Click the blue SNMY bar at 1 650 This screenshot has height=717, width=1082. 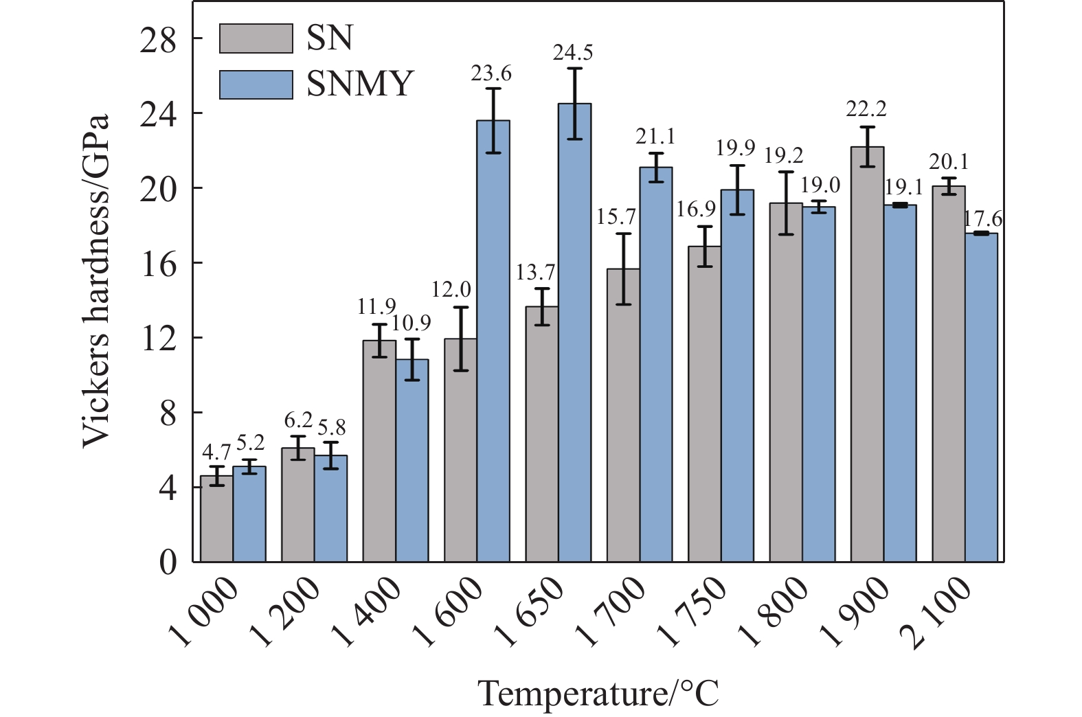coord(574,332)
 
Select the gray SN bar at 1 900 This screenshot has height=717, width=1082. coord(867,354)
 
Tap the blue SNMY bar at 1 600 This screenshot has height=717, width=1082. coord(493,341)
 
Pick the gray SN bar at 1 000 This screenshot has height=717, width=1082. coord(216,519)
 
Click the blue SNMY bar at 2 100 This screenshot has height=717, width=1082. coord(981,397)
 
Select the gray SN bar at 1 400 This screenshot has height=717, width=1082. coord(379,451)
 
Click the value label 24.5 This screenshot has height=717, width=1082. coord(573,52)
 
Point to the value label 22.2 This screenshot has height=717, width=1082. coord(867,109)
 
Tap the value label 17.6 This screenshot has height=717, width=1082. coord(982,219)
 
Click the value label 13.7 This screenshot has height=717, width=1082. coord(535,272)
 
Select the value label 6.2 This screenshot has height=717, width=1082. coord(298,420)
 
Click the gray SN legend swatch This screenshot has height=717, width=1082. coord(256,38)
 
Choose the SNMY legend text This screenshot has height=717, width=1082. coord(360,84)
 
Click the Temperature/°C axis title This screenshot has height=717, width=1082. coord(598,694)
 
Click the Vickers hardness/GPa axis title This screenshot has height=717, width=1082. coord(96,282)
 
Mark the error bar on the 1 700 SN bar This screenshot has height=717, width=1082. coord(623,269)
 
